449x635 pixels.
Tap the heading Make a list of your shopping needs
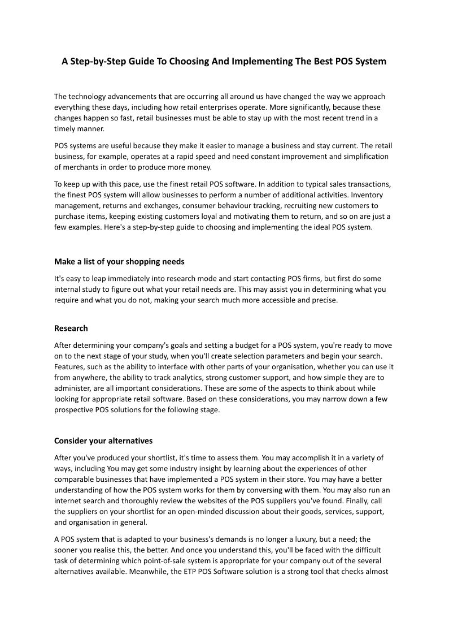(x=119, y=261)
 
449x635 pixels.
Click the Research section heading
(x=71, y=328)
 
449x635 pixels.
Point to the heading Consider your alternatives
(x=103, y=440)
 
